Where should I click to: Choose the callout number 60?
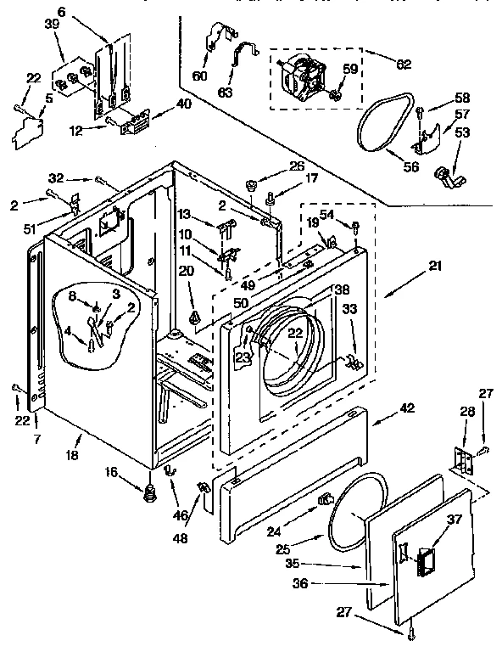(x=199, y=76)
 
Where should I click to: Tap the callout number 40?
(x=183, y=104)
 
